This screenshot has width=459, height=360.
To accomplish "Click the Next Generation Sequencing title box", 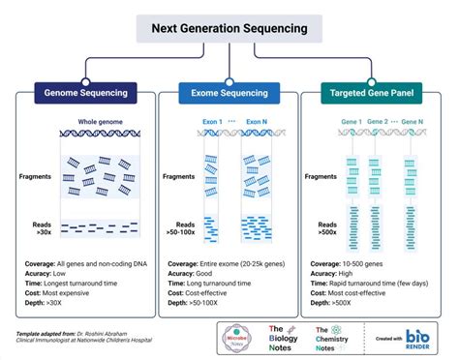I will pos(229,28).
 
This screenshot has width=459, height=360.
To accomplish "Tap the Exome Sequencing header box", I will pos(229,94).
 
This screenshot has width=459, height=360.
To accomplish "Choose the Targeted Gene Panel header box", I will pos(374,94).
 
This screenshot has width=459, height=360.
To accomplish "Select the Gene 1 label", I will pos(351,122).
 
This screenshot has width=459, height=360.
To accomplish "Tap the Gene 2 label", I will pos(380,122).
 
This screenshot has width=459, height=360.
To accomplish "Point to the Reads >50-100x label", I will pos(183,228).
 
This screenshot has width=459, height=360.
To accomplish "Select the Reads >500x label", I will pos(327,228).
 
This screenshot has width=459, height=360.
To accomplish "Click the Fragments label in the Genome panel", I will pos(38,177).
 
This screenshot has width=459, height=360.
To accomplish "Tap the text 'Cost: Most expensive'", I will pos(63,291).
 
